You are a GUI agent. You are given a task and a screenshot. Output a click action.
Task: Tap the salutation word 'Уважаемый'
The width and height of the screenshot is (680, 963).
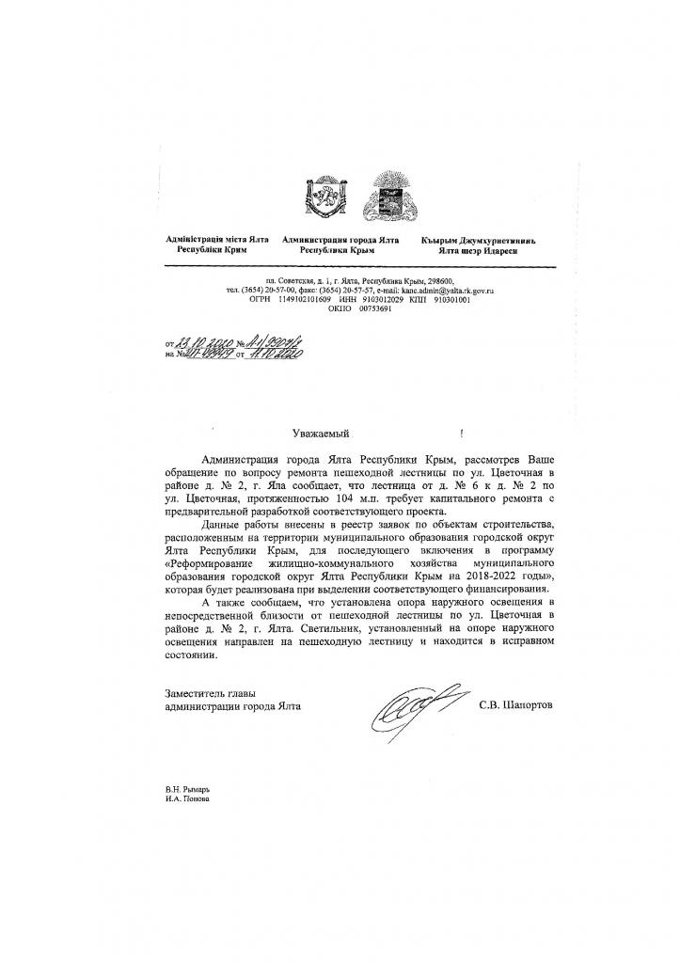pos(321,434)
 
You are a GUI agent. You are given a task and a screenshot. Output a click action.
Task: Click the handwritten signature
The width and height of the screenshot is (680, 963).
pos(405,700)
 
